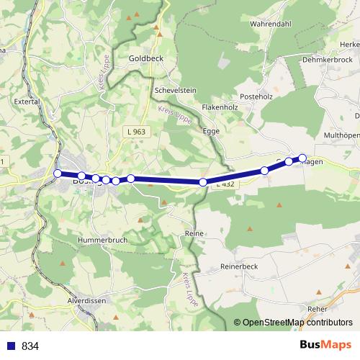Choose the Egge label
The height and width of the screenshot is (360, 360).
pos(211,132)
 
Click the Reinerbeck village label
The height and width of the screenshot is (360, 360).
pos(240,266)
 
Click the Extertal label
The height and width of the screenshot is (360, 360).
pos(27,102)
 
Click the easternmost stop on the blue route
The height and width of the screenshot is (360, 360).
pos(302,158)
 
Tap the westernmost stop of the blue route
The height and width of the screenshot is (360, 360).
pos(58,173)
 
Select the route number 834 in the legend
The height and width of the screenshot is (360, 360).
pos(30,346)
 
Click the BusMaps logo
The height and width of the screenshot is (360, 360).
pos(326,345)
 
